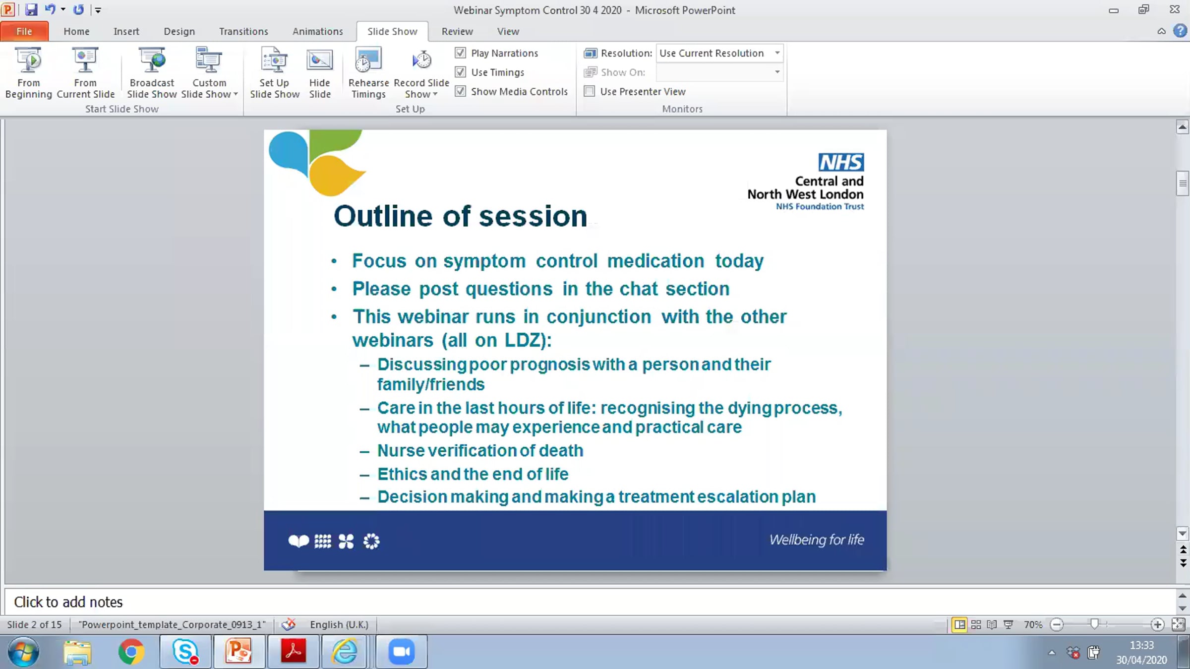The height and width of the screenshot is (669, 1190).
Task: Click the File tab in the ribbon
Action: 24,31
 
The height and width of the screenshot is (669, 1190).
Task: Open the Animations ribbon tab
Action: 317,31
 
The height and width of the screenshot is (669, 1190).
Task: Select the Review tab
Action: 457,31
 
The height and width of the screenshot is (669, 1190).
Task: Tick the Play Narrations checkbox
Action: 461,53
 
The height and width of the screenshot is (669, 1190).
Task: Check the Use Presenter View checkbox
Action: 590,91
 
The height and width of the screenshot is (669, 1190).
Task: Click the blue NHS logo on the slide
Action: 841,162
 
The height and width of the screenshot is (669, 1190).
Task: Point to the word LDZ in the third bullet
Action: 525,340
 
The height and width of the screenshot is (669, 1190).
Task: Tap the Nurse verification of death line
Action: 480,450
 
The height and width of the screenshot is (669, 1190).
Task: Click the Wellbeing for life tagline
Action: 817,540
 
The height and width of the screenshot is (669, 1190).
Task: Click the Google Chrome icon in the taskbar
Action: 131,652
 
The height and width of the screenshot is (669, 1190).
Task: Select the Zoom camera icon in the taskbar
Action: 401,652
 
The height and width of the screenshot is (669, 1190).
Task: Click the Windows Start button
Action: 23,652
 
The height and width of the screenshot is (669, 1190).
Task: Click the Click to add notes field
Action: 68,602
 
